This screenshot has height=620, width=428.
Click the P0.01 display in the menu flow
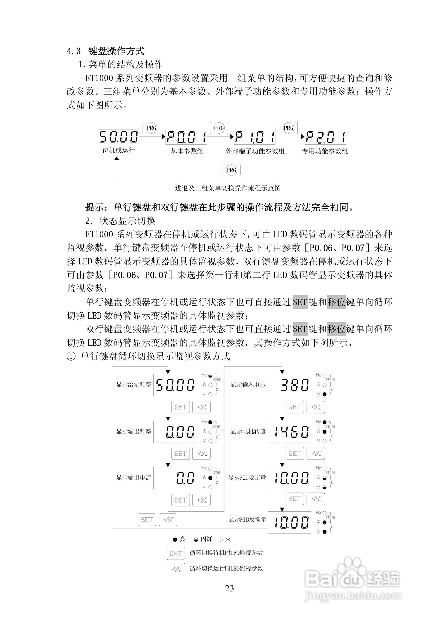[x=186, y=137]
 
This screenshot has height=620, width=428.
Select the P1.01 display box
[x=255, y=137]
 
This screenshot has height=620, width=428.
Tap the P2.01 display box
[x=325, y=137]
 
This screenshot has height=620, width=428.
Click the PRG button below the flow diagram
[x=231, y=170]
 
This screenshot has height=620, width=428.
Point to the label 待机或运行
[x=118, y=150]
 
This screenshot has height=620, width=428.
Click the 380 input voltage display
[x=289, y=385]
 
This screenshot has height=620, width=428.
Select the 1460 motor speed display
[x=289, y=431]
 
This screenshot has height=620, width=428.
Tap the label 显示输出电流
[x=134, y=477]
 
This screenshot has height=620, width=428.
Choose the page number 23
[x=229, y=588]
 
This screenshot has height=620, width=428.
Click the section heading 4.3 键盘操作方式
[x=106, y=51]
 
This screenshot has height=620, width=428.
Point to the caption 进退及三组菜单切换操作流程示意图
[x=228, y=188]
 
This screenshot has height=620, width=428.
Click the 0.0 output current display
[x=175, y=478]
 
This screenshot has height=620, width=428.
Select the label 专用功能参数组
[x=325, y=151]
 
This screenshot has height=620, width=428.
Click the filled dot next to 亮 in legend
[x=175, y=539]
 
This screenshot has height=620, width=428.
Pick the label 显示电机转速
[x=248, y=431]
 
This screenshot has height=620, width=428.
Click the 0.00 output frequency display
[x=175, y=431]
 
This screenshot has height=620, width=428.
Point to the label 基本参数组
[x=187, y=151]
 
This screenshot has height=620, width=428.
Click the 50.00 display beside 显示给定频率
[x=175, y=385]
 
